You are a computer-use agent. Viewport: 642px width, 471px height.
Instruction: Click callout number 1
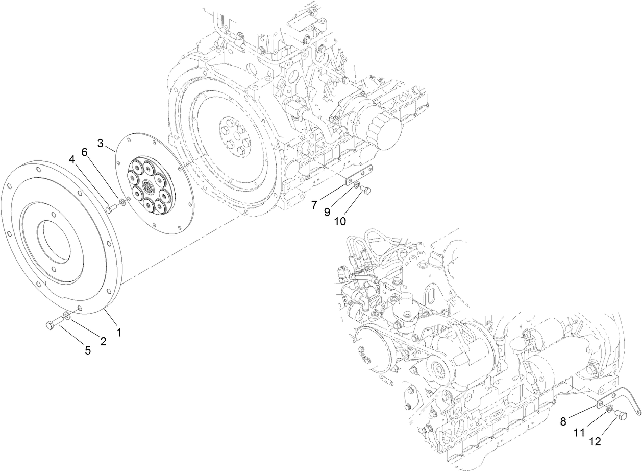point(119,332)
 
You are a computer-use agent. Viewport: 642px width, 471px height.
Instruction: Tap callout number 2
point(103,342)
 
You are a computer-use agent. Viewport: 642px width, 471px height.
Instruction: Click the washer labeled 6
point(123,204)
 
